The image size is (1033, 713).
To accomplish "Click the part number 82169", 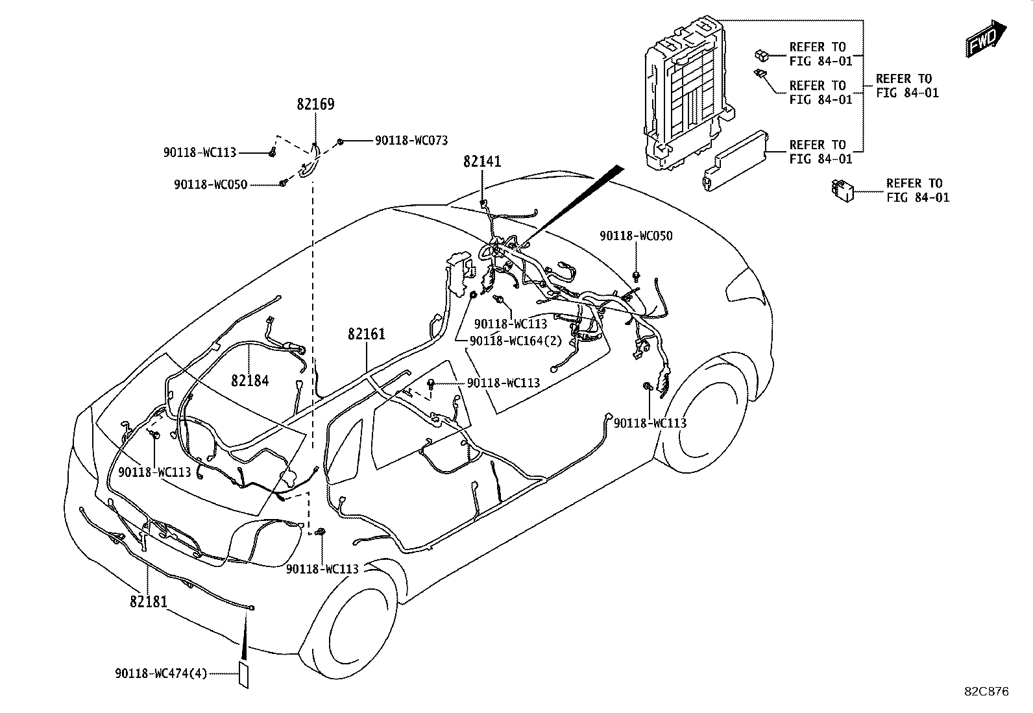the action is pos(315,104).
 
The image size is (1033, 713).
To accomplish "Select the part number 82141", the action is pos(482,162).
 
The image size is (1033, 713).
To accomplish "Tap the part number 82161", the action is pos(367,334).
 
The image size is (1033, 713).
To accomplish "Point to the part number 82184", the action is pos(250,381).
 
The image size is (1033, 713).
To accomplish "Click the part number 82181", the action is pos(149,602).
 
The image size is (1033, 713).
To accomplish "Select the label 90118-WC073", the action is pos(411,141).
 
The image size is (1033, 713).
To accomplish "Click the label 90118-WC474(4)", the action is pos(161,674).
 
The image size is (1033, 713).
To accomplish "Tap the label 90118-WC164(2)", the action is pos(516,341).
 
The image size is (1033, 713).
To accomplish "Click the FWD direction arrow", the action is pos(986,39).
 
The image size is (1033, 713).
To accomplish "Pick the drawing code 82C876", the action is pos(986,692).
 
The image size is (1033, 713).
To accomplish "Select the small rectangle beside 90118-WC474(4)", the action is pos(243,675).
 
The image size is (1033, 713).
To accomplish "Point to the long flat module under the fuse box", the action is pos(735,162).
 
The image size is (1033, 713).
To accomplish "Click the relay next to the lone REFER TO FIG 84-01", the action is pos(842,191).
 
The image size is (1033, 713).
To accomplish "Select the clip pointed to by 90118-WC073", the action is pos(340,141).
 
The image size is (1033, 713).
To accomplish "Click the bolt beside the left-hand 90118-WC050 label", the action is pos(283,184).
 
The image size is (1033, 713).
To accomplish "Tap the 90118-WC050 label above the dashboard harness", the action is pos(636,236).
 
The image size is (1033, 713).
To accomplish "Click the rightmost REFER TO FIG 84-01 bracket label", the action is pos(907,86).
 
